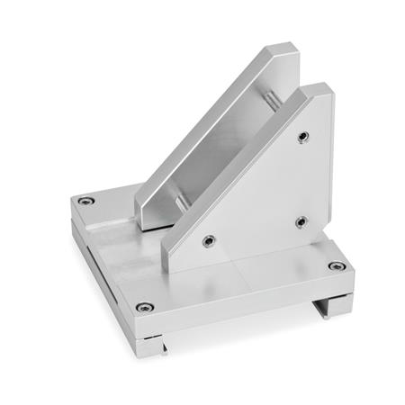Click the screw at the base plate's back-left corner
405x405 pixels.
(85, 201)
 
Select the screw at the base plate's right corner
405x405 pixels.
(336, 265)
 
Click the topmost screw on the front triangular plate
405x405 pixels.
(303, 137)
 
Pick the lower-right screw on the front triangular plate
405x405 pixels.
(301, 221)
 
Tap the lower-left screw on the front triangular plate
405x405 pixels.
(208, 240)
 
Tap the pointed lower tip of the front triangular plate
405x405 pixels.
(171, 261)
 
